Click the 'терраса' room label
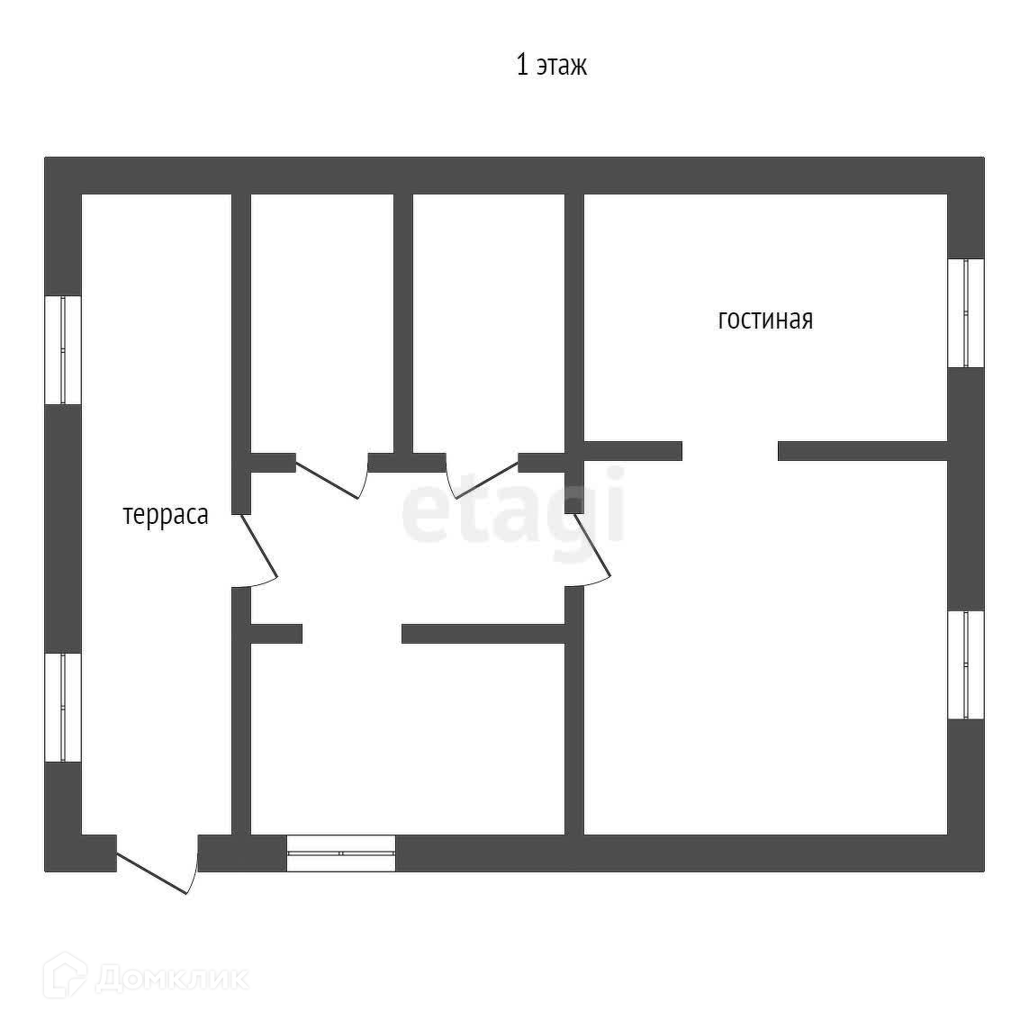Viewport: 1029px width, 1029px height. coord(166,515)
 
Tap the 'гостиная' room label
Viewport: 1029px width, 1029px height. coord(765,320)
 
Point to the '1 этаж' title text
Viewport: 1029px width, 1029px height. coord(551,66)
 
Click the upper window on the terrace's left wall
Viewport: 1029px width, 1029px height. coord(63,349)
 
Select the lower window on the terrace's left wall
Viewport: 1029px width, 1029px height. coord(63,708)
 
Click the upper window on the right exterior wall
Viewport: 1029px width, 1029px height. coord(966,313)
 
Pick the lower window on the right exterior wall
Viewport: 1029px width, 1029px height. coord(966,664)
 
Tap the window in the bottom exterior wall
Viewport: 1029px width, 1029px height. coord(341,853)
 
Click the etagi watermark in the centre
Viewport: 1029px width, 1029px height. coord(513,506)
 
